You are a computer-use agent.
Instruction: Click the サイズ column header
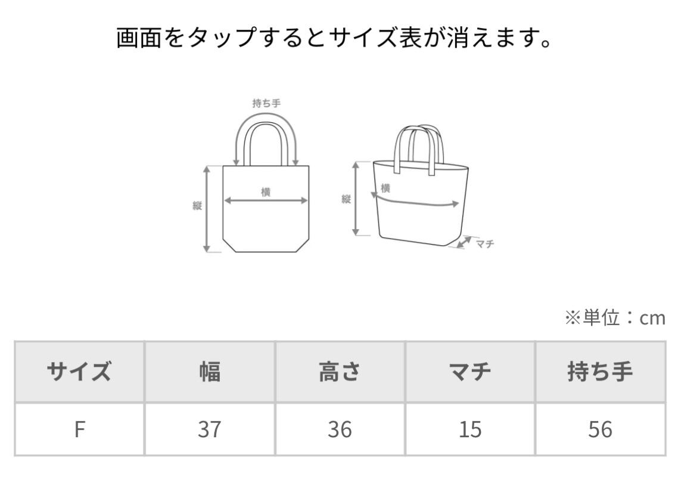click(x=79, y=372)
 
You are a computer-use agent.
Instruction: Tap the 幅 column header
click(x=209, y=372)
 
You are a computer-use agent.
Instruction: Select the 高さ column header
click(x=340, y=372)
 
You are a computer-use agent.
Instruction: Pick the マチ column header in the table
click(x=470, y=372)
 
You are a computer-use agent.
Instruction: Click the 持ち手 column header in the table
click(x=600, y=372)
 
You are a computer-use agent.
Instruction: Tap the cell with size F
click(x=79, y=430)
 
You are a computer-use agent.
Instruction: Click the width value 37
click(x=209, y=430)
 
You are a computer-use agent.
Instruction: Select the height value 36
click(x=340, y=430)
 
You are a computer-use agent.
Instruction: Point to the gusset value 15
click(x=470, y=430)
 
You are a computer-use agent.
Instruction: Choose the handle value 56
click(x=600, y=430)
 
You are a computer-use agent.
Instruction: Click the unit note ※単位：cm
click(x=614, y=319)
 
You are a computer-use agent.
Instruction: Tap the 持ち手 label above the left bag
click(x=266, y=103)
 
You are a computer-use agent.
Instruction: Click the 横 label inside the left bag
click(x=266, y=191)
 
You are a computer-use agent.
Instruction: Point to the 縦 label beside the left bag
click(x=197, y=206)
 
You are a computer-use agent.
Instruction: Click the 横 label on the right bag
click(x=385, y=189)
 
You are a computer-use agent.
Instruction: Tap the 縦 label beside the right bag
click(x=346, y=199)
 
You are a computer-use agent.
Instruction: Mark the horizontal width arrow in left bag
click(x=266, y=201)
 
